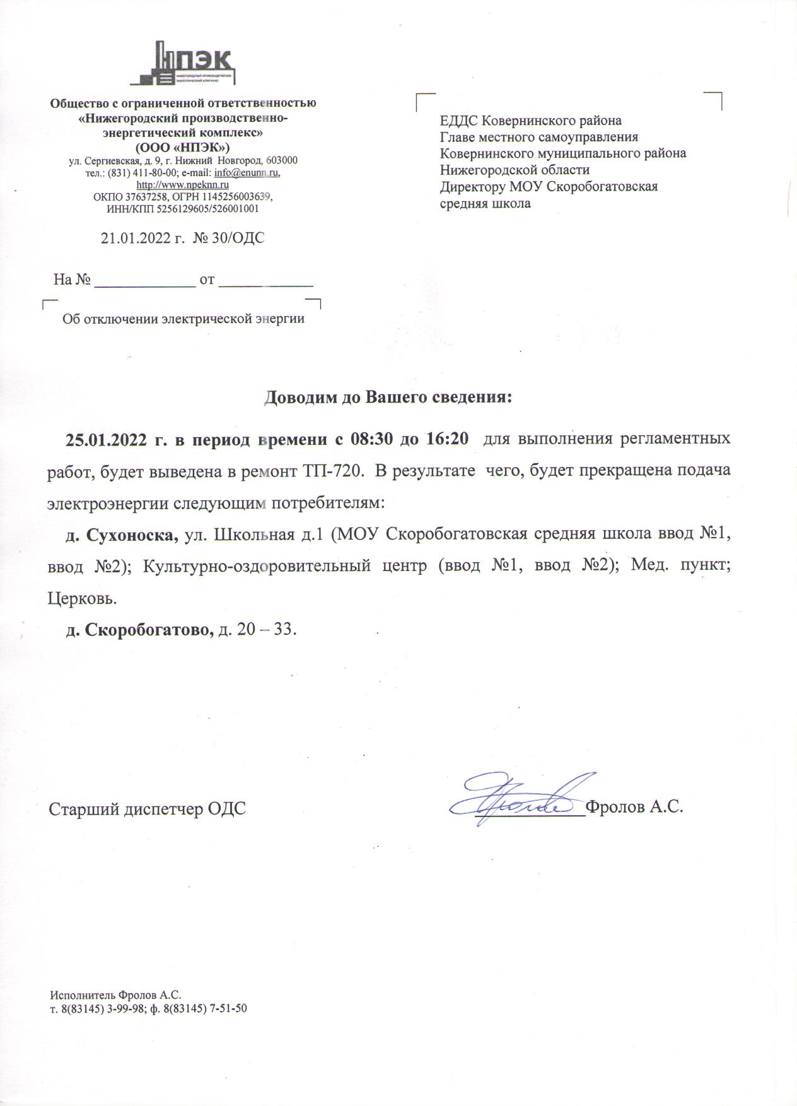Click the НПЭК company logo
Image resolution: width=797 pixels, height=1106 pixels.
pyautogui.click(x=183, y=63)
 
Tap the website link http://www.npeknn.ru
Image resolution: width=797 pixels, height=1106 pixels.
pyautogui.click(x=183, y=185)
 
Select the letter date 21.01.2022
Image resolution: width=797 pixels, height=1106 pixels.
pyautogui.click(x=136, y=238)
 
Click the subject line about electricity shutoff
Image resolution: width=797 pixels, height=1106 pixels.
pyautogui.click(x=183, y=319)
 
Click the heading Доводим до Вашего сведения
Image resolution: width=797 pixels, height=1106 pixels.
pyautogui.click(x=387, y=397)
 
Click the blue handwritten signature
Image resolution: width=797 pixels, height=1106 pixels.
pyautogui.click(x=523, y=796)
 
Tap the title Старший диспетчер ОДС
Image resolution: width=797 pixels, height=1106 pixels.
pyautogui.click(x=147, y=808)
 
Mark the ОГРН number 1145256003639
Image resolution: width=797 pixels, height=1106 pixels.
pyautogui.click(x=237, y=197)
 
